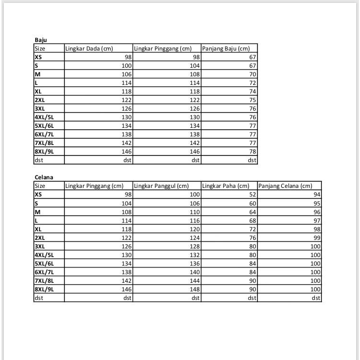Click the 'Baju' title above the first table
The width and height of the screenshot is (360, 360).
pyautogui.click(x=40, y=40)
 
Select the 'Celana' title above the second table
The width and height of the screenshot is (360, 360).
pyautogui.click(x=43, y=177)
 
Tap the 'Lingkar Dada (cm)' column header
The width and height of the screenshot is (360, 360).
pyautogui.click(x=85, y=49)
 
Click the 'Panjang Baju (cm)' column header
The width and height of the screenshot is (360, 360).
pyautogui.click(x=226, y=49)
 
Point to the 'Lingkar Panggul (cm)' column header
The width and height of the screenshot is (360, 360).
pyautogui.click(x=161, y=186)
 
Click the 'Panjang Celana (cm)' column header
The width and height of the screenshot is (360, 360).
pyautogui.click(x=285, y=186)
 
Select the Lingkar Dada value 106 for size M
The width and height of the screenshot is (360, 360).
pyautogui.click(x=126, y=74)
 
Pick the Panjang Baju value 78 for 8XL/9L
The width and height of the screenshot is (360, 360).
pyautogui.click(x=253, y=152)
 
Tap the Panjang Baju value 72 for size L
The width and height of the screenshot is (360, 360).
pyautogui.click(x=253, y=83)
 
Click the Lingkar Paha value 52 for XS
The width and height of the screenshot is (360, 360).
pyautogui.click(x=253, y=195)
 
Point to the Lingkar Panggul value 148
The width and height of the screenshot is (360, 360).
pyautogui.click(x=195, y=289)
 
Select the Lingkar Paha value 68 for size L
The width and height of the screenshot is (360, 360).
pyautogui.click(x=253, y=220)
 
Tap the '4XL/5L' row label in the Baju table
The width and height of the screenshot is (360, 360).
pyautogui.click(x=44, y=117)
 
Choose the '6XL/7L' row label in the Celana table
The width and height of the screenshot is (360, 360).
pyautogui.click(x=44, y=272)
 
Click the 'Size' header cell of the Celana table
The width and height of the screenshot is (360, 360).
pyautogui.click(x=40, y=186)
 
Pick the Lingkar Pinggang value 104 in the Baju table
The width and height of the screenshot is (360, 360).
pyautogui.click(x=195, y=66)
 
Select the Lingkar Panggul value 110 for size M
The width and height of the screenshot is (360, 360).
pyautogui.click(x=195, y=212)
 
